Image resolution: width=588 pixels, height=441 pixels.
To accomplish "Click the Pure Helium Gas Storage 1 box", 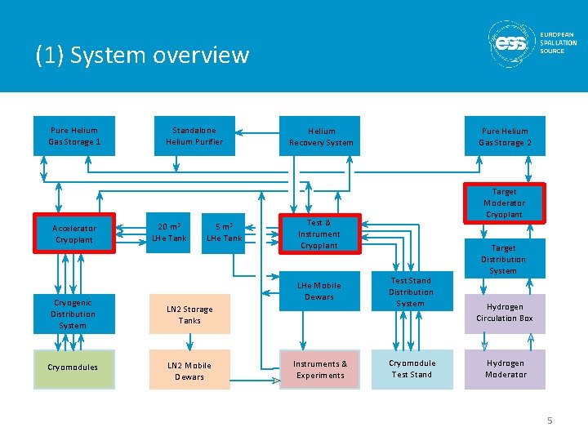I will [73, 136].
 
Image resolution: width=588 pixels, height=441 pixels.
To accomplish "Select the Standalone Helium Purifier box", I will [194, 136].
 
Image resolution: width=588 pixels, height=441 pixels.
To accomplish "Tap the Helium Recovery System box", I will [321, 136].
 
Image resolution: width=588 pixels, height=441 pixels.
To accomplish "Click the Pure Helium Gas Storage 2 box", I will [504, 136].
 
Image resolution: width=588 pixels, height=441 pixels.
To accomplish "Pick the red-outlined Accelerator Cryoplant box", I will [74, 234].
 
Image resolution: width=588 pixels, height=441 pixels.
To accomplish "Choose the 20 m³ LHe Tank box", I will [169, 233].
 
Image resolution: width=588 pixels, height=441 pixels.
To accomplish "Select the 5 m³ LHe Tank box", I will [224, 233].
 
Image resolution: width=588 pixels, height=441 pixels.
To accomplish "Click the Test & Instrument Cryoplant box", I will [318, 234].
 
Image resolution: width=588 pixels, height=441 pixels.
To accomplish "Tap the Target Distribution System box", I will [503, 259].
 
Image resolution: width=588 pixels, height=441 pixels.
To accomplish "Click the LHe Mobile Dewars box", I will [318, 292].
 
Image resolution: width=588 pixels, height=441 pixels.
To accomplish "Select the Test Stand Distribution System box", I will [411, 292].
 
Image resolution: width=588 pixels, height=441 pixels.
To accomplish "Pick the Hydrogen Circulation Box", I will [505, 313].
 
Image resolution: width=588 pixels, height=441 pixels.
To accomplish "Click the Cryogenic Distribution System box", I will [73, 314].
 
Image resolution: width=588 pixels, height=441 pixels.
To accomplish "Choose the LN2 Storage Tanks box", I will [189, 314].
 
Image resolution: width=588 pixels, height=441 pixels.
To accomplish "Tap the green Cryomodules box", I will [73, 368].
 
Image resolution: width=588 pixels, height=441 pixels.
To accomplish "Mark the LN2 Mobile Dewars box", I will [189, 371].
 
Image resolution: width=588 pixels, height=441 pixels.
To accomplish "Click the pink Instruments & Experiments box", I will [320, 369].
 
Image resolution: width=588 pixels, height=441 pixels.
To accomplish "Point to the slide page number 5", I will [550, 421].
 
